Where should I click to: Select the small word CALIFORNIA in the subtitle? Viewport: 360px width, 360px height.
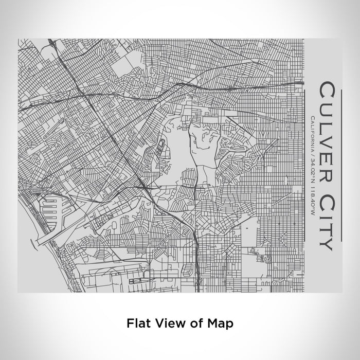[x=313, y=135]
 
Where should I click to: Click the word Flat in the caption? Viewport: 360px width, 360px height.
[x=138, y=323]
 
